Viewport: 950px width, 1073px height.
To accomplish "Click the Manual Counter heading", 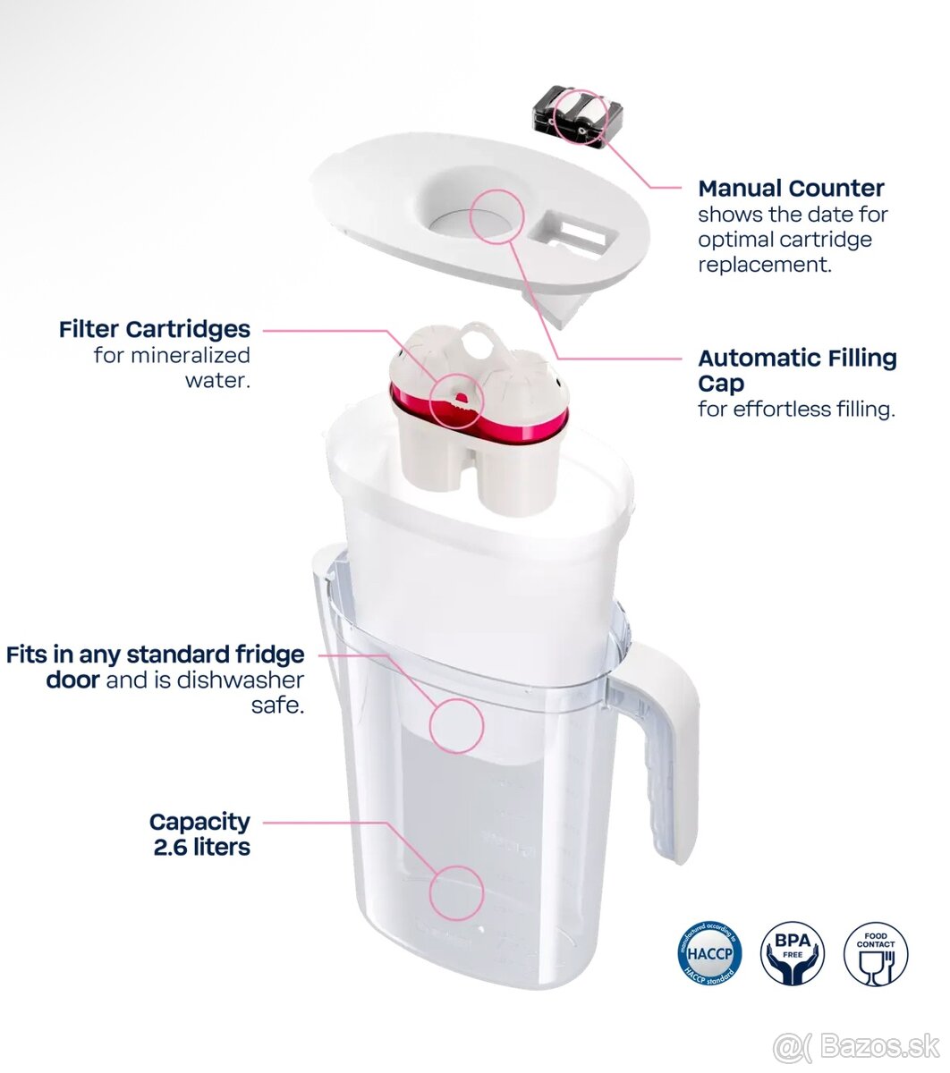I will point(791,189).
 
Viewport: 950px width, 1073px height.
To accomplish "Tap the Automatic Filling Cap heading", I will point(796,370).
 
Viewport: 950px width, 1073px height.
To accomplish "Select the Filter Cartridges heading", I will point(155,329).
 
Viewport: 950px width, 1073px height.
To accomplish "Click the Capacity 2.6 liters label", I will point(200,834).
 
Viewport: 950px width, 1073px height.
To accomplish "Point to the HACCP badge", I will point(709,954).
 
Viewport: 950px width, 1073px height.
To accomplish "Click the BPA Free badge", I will point(792,954).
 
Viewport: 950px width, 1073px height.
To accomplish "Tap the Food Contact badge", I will point(875,954).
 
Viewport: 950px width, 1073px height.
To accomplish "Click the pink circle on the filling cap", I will point(495,217).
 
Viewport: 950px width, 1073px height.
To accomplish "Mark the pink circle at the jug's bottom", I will point(456,892).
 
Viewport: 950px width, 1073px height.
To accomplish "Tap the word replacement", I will point(763,265).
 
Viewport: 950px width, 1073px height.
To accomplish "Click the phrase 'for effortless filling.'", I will point(796,410).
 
